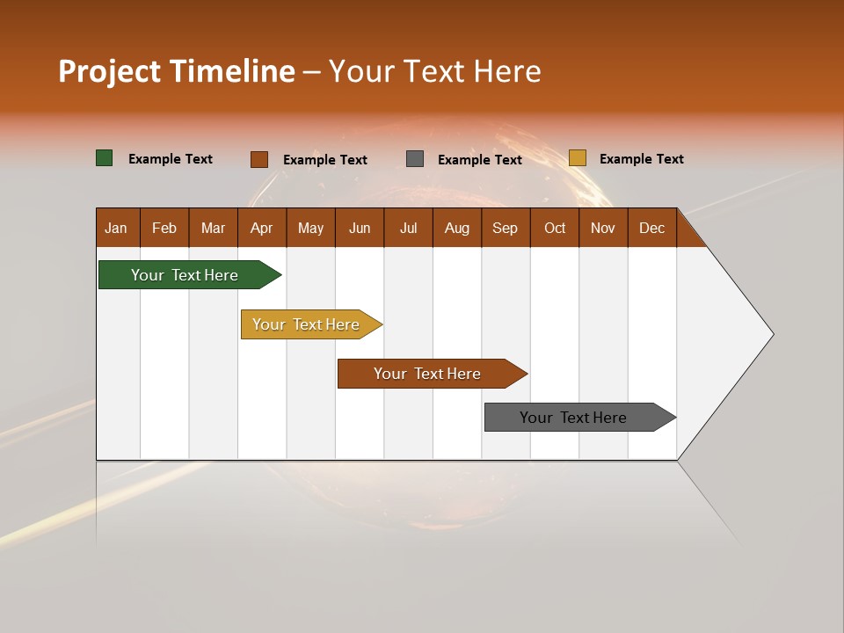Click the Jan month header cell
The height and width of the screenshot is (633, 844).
(116, 228)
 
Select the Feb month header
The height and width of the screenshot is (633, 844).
(164, 228)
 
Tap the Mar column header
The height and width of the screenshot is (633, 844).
(213, 228)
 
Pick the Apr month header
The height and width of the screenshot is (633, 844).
(262, 228)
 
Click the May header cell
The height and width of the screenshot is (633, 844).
(310, 228)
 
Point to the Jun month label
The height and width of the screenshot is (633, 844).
(360, 228)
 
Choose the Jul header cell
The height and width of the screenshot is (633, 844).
(408, 228)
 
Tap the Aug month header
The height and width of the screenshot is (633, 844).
(457, 228)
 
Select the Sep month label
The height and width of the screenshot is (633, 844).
(506, 228)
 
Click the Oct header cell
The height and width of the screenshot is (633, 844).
(555, 228)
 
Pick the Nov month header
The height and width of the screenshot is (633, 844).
(603, 228)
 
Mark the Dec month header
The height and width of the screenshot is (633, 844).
(652, 228)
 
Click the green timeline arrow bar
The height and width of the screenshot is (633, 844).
(185, 275)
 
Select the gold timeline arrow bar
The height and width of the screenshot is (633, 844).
(306, 324)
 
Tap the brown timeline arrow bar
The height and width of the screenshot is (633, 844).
(427, 374)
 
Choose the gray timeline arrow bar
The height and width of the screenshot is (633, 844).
(573, 418)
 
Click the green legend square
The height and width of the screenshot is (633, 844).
(105, 158)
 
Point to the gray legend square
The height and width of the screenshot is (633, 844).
(415, 158)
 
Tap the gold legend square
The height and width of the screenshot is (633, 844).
(578, 158)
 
